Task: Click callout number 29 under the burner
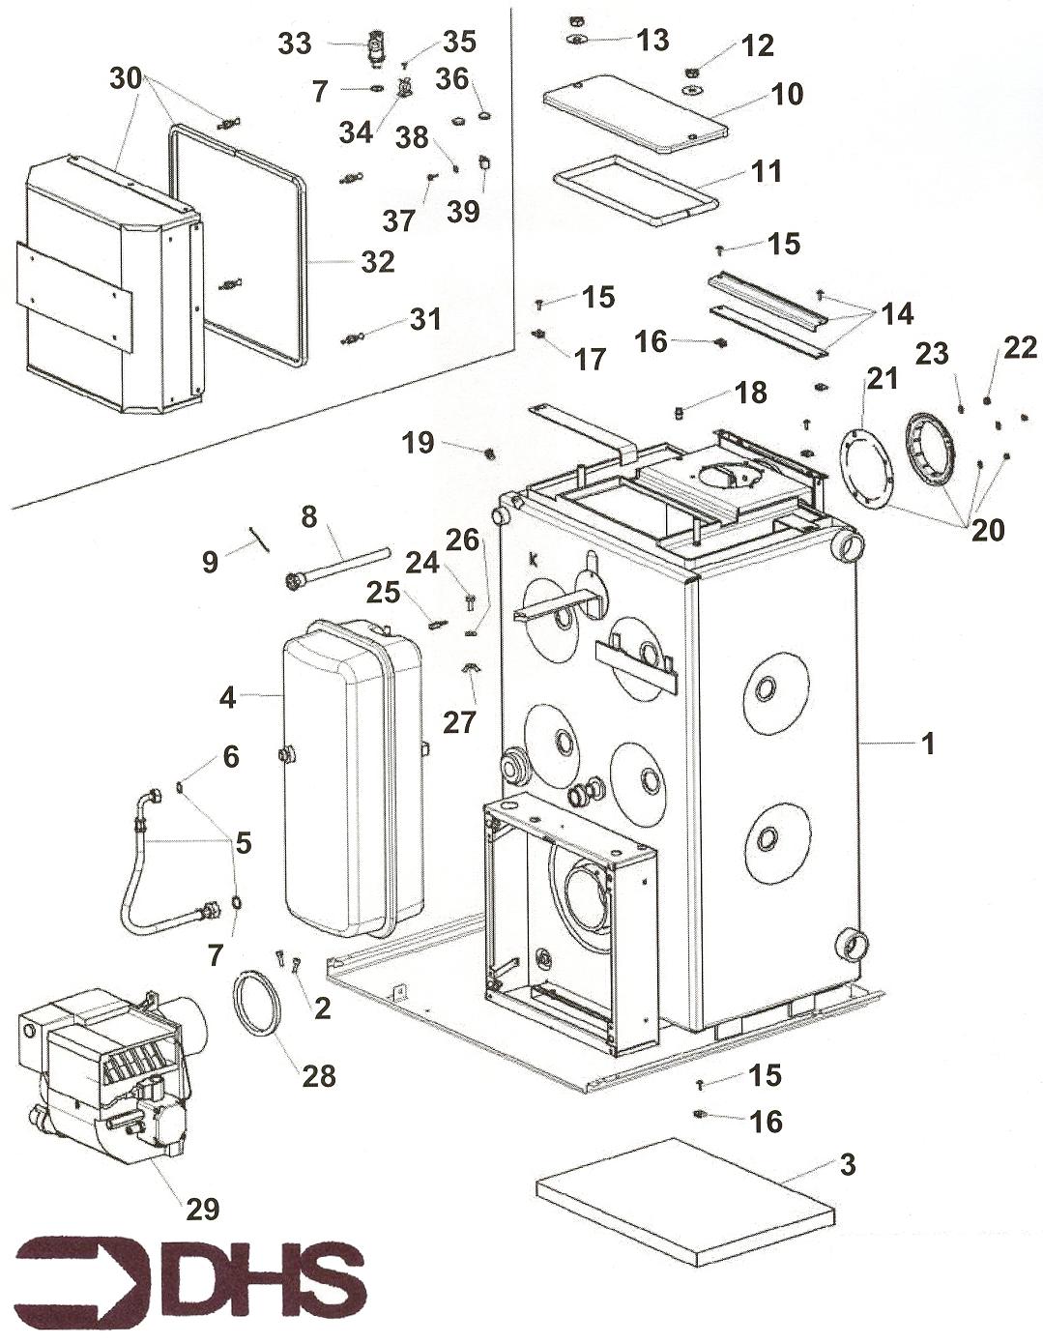203,1208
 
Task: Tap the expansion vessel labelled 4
353,778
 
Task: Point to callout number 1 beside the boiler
927,744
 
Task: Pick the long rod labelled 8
338,566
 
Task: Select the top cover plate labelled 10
635,113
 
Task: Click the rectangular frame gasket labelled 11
635,190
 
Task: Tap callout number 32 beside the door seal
377,261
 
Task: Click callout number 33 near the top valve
295,43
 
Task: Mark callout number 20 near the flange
987,529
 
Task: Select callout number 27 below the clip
460,721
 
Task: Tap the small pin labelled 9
259,537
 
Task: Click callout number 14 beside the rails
896,312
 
